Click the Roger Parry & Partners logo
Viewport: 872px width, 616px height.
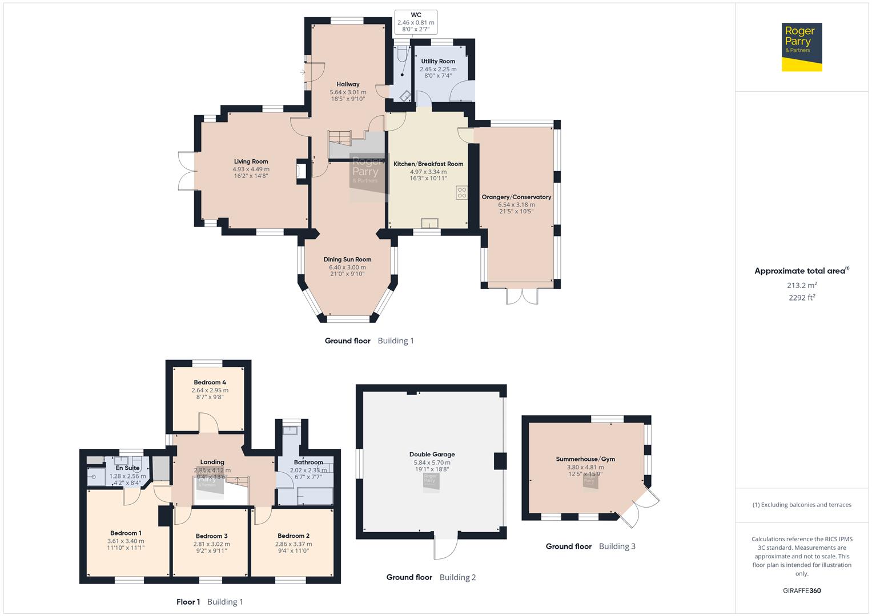(x=801, y=47)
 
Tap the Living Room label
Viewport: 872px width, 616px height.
(x=251, y=161)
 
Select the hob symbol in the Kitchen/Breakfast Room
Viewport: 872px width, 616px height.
(x=461, y=193)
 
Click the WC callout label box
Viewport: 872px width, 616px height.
(x=416, y=22)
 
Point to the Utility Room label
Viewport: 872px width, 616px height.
(x=438, y=61)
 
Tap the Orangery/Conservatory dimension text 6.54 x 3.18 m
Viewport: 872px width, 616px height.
(x=516, y=204)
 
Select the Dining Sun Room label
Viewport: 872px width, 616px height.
(x=347, y=259)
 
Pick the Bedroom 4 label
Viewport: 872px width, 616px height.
(x=210, y=382)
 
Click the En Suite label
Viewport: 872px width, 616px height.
(x=127, y=468)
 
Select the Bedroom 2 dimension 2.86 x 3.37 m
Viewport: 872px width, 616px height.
(x=294, y=544)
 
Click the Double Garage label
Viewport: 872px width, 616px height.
(x=432, y=455)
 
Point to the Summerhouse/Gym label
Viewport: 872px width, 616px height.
(x=585, y=459)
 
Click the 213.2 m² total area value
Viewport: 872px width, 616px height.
(x=802, y=285)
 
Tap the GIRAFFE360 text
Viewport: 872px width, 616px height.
(x=802, y=590)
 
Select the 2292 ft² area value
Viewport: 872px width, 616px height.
(x=802, y=297)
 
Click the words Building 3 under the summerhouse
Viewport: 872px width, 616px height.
(x=617, y=546)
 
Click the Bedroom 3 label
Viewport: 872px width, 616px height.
(x=211, y=536)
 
